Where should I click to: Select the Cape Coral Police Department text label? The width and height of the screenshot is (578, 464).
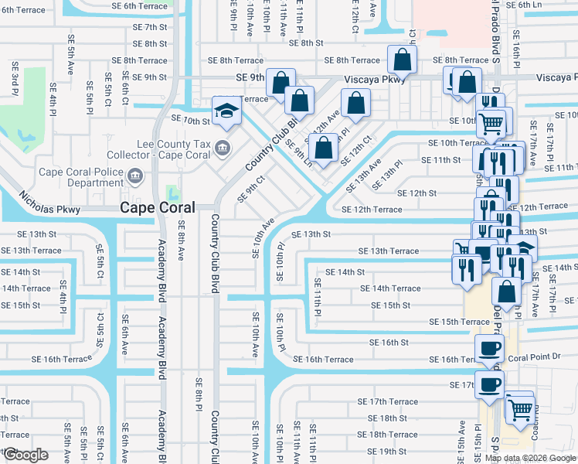(x=75, y=177)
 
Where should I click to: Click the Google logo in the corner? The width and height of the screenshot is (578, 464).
(x=25, y=455)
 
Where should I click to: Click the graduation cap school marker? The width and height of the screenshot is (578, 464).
(x=227, y=110)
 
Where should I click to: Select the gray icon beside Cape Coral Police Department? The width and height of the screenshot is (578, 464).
(x=136, y=177)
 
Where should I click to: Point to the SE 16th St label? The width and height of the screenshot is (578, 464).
(x=389, y=342)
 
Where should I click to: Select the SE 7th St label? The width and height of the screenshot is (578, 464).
(x=150, y=26)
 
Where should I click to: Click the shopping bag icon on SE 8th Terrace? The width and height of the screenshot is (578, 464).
(x=402, y=59)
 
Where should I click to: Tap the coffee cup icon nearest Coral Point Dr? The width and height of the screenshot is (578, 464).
(x=489, y=349)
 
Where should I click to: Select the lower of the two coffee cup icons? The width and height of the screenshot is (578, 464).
(x=489, y=384)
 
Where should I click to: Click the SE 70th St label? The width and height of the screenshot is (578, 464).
(x=191, y=121)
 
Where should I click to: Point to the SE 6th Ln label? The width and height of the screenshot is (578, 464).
(x=556, y=5)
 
